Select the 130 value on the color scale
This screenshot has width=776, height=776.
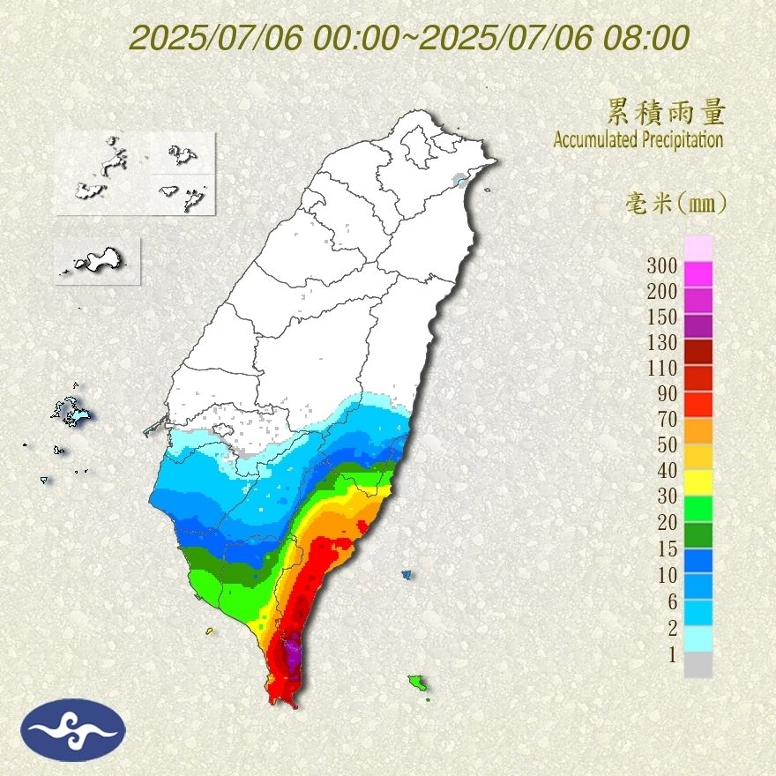(660, 342)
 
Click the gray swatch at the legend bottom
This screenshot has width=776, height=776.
(698, 664)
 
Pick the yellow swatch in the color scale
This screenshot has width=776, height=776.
(698, 481)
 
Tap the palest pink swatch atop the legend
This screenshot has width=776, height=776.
(698, 248)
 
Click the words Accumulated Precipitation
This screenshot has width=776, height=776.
(638, 140)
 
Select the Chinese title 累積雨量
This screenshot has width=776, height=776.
(666, 112)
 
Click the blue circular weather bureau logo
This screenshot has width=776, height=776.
(75, 729)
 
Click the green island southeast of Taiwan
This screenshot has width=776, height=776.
(417, 682)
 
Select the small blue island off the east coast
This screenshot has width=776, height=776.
(407, 574)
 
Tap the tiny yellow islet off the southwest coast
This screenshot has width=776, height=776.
(210, 630)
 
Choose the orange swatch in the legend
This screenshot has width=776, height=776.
(698, 429)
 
